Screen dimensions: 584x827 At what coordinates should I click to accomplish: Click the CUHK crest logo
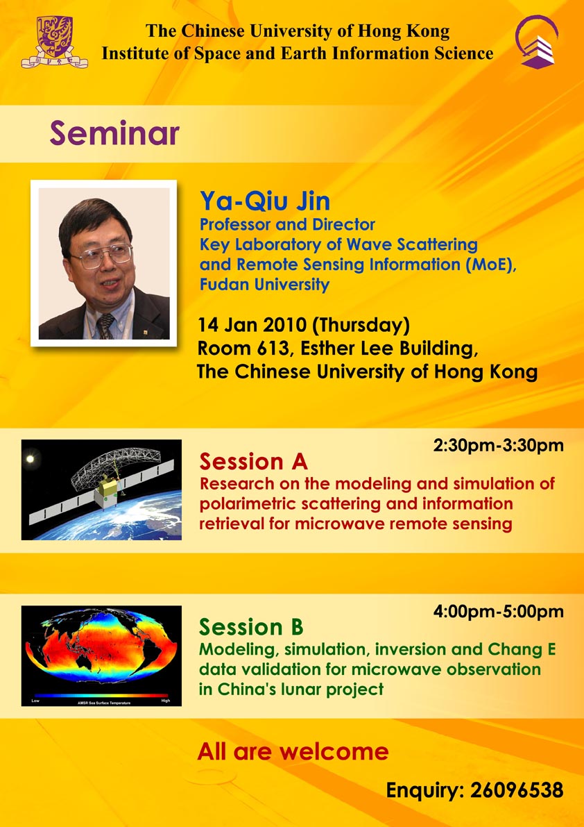pos(54,42)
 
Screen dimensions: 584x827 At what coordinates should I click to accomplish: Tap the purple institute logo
pos(537,42)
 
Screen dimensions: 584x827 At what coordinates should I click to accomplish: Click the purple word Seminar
pos(114,134)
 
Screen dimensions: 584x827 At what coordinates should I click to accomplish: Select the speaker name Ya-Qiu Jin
pos(265,201)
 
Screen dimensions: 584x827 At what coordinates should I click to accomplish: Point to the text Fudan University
pos(264,285)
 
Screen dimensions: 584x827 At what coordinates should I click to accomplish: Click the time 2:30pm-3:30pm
pos(498,446)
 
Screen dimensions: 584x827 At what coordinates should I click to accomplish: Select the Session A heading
pos(253,462)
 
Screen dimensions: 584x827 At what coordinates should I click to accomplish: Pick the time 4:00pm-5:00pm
pos(498,612)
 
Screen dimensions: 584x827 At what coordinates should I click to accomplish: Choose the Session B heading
pos(251,627)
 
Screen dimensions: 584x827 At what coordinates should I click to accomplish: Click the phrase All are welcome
pos(293,751)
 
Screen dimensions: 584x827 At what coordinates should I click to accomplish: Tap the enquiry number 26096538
pos(517,790)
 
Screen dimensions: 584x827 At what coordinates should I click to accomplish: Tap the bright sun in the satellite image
pos(30,459)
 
